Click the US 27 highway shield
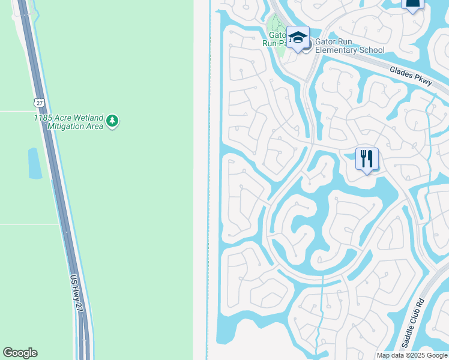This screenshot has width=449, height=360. pos(38,103)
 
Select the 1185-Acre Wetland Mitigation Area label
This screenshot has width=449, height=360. pos(68,122)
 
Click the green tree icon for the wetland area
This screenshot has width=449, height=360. pos(112,122)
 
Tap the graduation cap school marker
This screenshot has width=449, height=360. pos(298,38)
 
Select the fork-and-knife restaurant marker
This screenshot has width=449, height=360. pos(367,159)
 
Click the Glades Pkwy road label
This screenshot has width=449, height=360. pos(411,77)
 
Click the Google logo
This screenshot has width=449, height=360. pos(20,353)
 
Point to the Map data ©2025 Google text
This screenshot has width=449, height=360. pos(412,355)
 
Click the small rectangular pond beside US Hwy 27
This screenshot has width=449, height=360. pos(34,163)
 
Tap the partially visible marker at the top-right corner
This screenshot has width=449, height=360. pos(412,5)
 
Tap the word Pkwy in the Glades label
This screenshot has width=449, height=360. pos(423,81)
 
